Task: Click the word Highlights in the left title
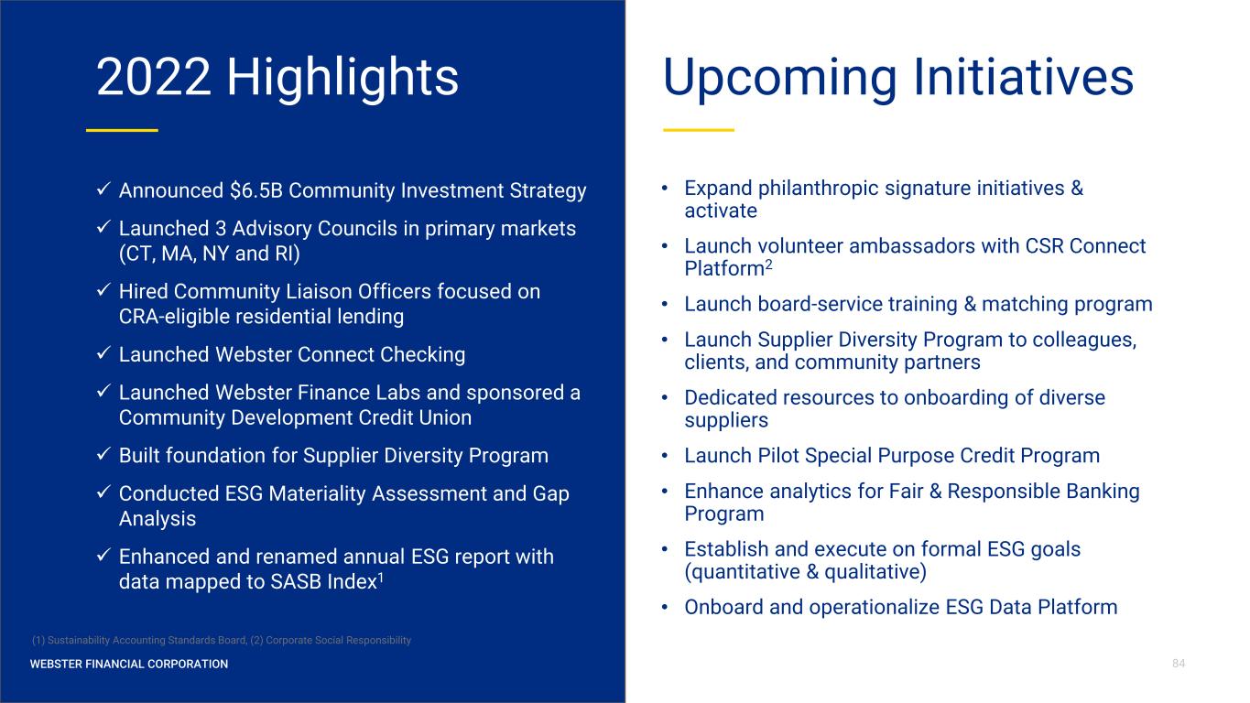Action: click(x=342, y=78)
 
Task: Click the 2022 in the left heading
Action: click(x=153, y=77)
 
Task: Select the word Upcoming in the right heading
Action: click(x=779, y=78)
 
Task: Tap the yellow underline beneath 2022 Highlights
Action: click(x=122, y=130)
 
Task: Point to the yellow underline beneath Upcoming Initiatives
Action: click(x=699, y=130)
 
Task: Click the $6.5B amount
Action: click(x=256, y=190)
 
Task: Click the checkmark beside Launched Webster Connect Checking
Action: click(x=103, y=352)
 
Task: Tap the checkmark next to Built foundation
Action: click(x=103, y=454)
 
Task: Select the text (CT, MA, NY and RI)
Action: click(x=210, y=254)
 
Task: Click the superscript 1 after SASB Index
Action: click(x=381, y=577)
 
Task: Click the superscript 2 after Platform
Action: click(x=768, y=264)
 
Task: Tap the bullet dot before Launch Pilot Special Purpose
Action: click(x=665, y=456)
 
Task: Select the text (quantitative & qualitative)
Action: click(x=805, y=572)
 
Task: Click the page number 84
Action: click(x=1179, y=664)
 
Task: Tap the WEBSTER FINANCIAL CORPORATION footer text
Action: click(x=129, y=664)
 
